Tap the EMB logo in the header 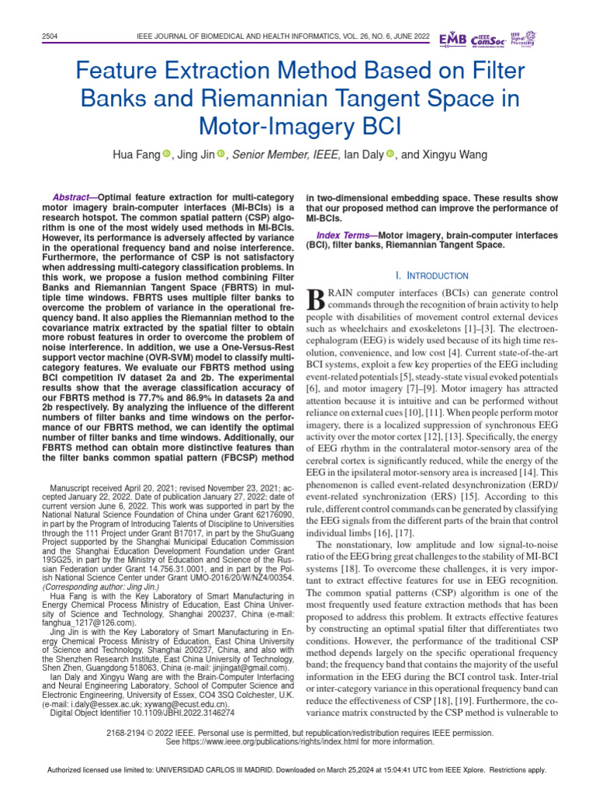[x=453, y=39]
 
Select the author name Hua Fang [x=137, y=154]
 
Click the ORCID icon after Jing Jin [x=220, y=154]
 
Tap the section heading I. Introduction [x=431, y=276]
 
